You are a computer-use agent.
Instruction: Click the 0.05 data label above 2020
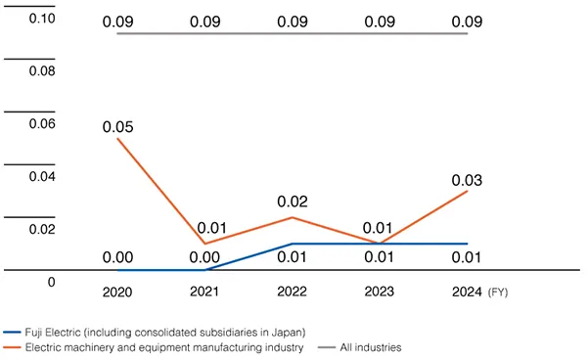click(x=117, y=127)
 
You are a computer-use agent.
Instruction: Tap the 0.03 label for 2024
click(x=468, y=180)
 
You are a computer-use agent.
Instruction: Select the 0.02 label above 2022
click(x=293, y=202)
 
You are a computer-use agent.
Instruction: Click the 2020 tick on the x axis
click(x=117, y=292)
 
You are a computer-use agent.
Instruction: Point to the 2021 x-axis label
click(x=204, y=292)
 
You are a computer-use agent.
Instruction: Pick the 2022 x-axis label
click(x=293, y=292)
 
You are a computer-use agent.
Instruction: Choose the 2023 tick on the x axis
click(x=380, y=292)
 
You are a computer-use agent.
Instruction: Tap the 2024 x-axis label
click(x=467, y=292)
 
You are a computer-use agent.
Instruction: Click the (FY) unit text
click(x=498, y=292)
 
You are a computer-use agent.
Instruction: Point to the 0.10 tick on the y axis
click(x=41, y=18)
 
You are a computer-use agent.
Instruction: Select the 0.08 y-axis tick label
click(x=41, y=70)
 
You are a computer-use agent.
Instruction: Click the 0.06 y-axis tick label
click(x=41, y=123)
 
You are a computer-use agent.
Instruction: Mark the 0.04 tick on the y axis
click(x=41, y=176)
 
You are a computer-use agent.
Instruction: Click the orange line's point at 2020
click(x=117, y=138)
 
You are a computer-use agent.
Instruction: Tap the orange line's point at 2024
click(x=468, y=191)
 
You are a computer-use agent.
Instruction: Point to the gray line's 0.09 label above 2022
click(x=293, y=21)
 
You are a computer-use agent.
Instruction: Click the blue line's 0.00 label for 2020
click(x=117, y=257)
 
